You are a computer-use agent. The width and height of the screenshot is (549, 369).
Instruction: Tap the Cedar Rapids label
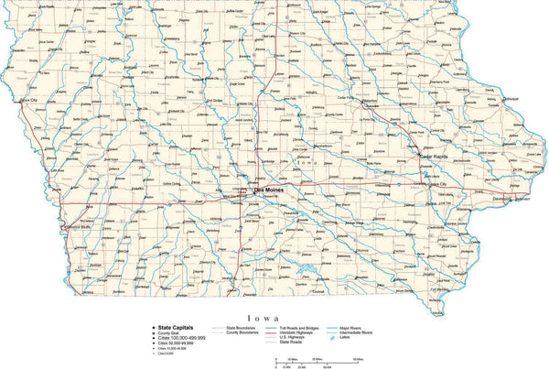437,156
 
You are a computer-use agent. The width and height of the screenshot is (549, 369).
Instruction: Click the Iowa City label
437,184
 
